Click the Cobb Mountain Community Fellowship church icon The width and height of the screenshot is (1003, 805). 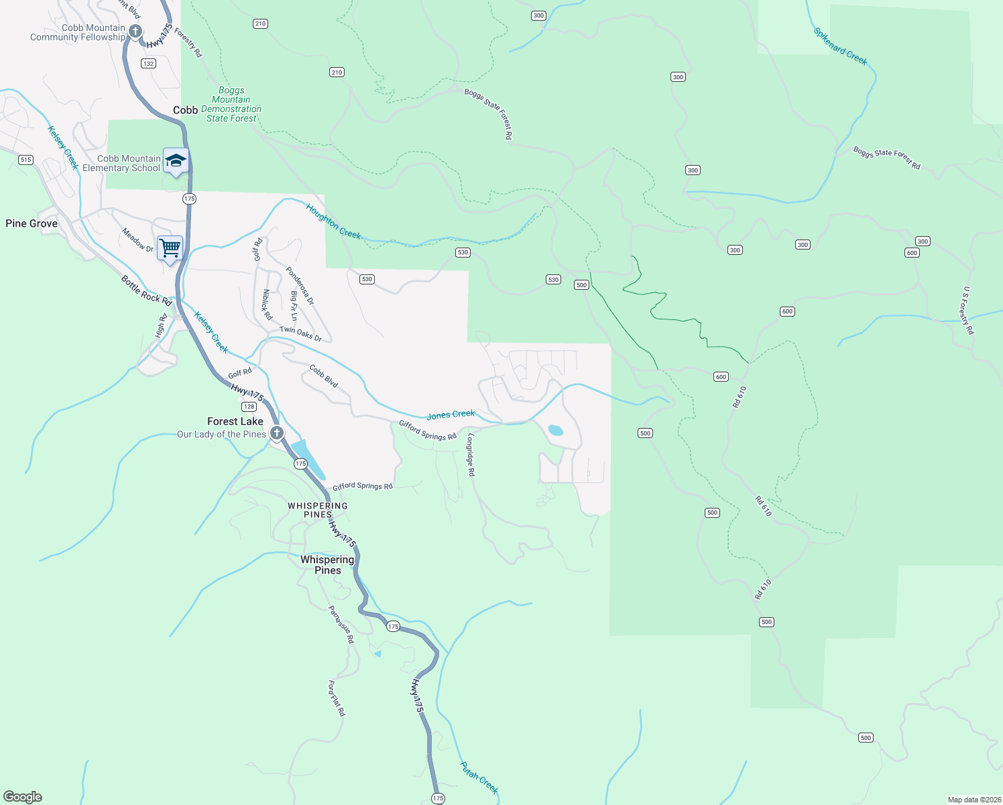135,32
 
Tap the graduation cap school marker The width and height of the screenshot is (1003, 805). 176,161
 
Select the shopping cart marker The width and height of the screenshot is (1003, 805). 170,248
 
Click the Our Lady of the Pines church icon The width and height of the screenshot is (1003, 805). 276,433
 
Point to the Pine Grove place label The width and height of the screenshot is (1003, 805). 32,223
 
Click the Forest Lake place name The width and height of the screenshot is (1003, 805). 235,421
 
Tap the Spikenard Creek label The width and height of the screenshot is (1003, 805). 840,46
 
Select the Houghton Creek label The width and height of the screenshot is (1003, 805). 333,221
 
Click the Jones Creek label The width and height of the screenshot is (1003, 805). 451,415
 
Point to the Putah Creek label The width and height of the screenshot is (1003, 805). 479,777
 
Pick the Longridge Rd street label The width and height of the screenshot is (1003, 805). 471,455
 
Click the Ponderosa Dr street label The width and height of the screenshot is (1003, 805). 300,286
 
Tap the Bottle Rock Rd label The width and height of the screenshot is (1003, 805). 147,290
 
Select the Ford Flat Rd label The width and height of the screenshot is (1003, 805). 337,698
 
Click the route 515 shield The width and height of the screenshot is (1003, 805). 26,160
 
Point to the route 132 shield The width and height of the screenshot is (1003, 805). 148,64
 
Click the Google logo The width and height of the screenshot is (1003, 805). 23,797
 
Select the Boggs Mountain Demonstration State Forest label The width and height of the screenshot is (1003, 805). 231,104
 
